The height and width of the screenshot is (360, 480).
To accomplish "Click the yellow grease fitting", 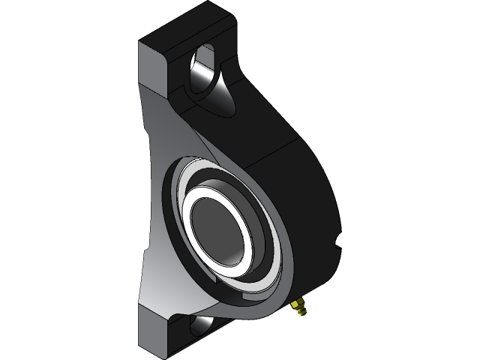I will click(x=298, y=307).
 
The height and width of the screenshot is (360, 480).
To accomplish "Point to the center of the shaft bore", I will click(x=221, y=232).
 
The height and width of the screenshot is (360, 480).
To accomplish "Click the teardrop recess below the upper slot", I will click(x=217, y=101).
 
